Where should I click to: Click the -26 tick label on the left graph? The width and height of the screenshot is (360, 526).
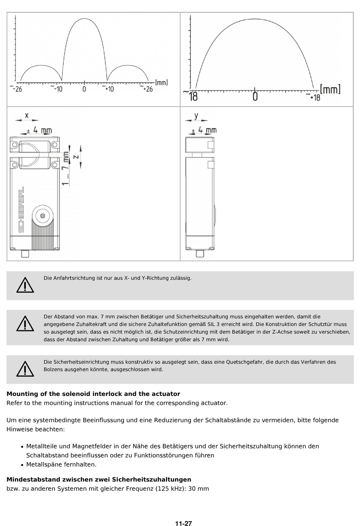click(17, 89)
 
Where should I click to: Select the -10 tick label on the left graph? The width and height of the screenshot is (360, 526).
click(57, 89)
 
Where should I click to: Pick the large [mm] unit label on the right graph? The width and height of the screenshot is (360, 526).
click(330, 89)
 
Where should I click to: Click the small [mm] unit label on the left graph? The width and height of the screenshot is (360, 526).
click(161, 82)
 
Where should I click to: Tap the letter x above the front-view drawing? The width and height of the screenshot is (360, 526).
click(27, 115)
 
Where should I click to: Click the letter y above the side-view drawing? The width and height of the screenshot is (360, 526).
click(196, 115)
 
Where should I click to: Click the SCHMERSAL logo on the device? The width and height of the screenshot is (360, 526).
click(21, 209)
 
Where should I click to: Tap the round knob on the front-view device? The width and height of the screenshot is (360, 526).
click(42, 216)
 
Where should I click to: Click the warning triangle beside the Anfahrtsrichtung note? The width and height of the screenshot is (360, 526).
click(25, 285)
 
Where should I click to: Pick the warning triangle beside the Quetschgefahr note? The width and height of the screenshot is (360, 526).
click(25, 369)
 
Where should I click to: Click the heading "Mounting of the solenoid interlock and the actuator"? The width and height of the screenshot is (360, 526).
click(93, 394)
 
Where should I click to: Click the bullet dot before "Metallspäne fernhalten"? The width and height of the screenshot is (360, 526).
click(23, 465)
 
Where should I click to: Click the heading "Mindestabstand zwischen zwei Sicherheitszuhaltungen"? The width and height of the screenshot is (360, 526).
click(99, 480)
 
